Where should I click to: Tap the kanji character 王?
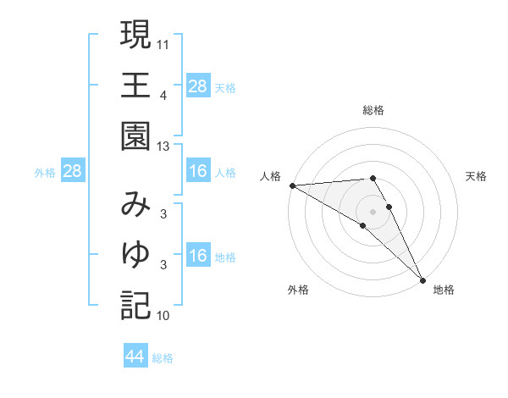pyautogui.click(x=135, y=86)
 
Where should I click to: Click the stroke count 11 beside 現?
pyautogui.click(x=163, y=42)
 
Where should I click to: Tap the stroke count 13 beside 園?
pyautogui.click(x=163, y=146)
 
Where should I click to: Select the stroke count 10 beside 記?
pyautogui.click(x=163, y=316)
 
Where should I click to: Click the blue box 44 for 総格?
pyautogui.click(x=135, y=357)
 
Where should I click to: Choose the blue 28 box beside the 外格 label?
pyautogui.click(x=72, y=172)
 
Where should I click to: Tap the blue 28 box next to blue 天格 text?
pyautogui.click(x=197, y=86)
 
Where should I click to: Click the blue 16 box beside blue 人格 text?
pyautogui.click(x=197, y=172)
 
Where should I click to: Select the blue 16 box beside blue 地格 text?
pyautogui.click(x=197, y=256)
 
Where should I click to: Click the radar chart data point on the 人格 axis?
pyautogui.click(x=292, y=185)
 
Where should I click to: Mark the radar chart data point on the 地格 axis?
pyautogui.click(x=422, y=279)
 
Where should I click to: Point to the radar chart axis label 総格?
pyautogui.click(x=373, y=111)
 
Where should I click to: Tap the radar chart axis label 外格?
pyautogui.click(x=298, y=290)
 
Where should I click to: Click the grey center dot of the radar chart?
pyautogui.click(x=373, y=211)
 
